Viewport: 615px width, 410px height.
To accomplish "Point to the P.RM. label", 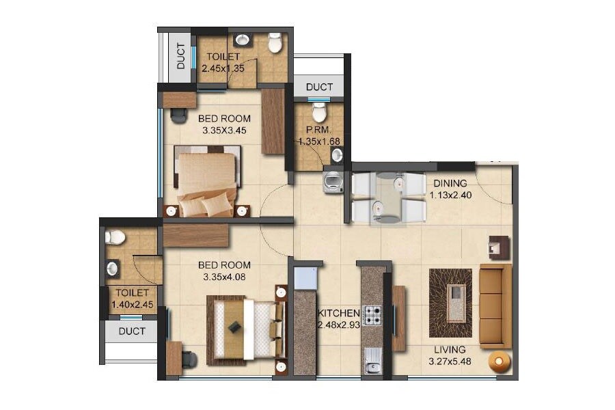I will tap(318, 130).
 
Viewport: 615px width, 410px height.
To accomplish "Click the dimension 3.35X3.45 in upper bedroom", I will tap(225, 130).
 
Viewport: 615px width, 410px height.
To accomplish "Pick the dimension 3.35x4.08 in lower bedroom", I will tap(224, 277).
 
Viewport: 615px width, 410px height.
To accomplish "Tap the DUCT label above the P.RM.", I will tap(319, 87).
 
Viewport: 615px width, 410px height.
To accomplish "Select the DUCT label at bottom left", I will tap(132, 331).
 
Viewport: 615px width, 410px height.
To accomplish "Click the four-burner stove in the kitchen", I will tap(372, 315).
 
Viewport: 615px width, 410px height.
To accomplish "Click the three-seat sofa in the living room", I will tap(495, 306).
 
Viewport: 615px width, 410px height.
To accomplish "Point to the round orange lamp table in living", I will tap(500, 360).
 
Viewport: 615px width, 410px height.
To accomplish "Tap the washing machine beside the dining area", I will tap(333, 182).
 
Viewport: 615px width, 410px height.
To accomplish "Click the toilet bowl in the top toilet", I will tap(275, 44).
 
